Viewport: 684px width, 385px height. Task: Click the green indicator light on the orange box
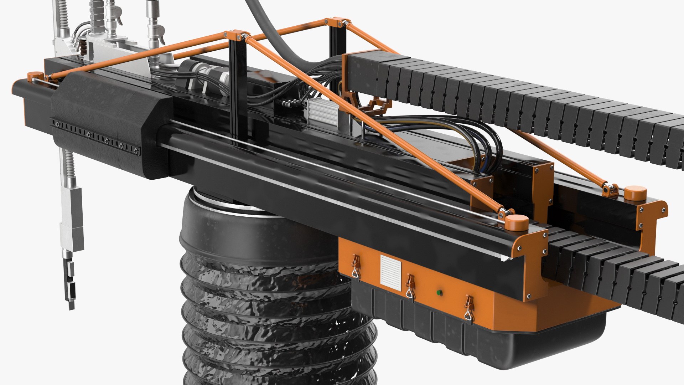pos(439,293)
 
